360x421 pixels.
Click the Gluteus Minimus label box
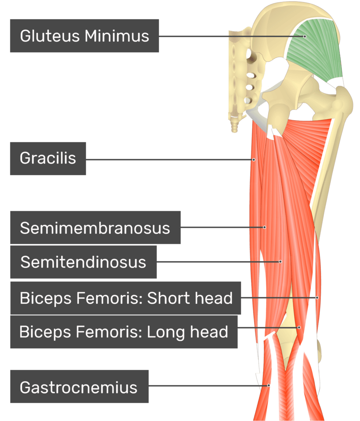click(84, 36)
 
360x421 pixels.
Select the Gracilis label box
click(48, 158)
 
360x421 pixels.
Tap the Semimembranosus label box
click(95, 228)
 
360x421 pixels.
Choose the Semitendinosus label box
click(83, 262)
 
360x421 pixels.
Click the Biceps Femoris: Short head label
click(126, 298)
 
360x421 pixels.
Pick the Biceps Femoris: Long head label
click(123, 331)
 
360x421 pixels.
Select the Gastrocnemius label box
click(79, 387)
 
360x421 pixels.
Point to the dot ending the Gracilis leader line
click(254, 160)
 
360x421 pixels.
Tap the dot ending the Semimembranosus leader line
click(265, 227)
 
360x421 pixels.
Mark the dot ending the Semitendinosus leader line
click(280, 261)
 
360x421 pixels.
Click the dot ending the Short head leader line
click(317, 297)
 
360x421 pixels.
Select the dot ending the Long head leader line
click(299, 328)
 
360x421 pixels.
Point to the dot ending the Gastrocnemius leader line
click(269, 385)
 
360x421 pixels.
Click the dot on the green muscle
click(305, 37)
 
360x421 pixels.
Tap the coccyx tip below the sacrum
click(235, 128)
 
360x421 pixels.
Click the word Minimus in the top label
click(117, 36)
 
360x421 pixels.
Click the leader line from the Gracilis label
click(169, 160)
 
